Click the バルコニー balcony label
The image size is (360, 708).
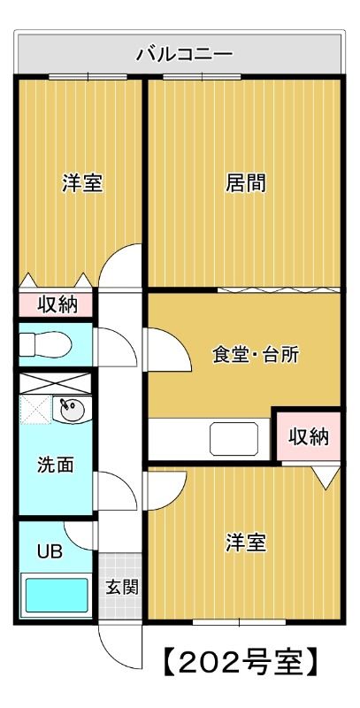coord(184,55)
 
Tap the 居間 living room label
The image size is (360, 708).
coord(245,184)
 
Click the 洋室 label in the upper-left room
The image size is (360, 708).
coord(81,184)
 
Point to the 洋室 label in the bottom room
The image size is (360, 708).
coord(245,542)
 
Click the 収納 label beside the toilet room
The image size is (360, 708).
coord(57,305)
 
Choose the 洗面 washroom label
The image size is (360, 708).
coord(55,465)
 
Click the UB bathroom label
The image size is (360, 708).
coord(50,551)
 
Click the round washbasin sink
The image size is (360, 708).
coord(71,410)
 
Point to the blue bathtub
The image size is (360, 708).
coord(55,596)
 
